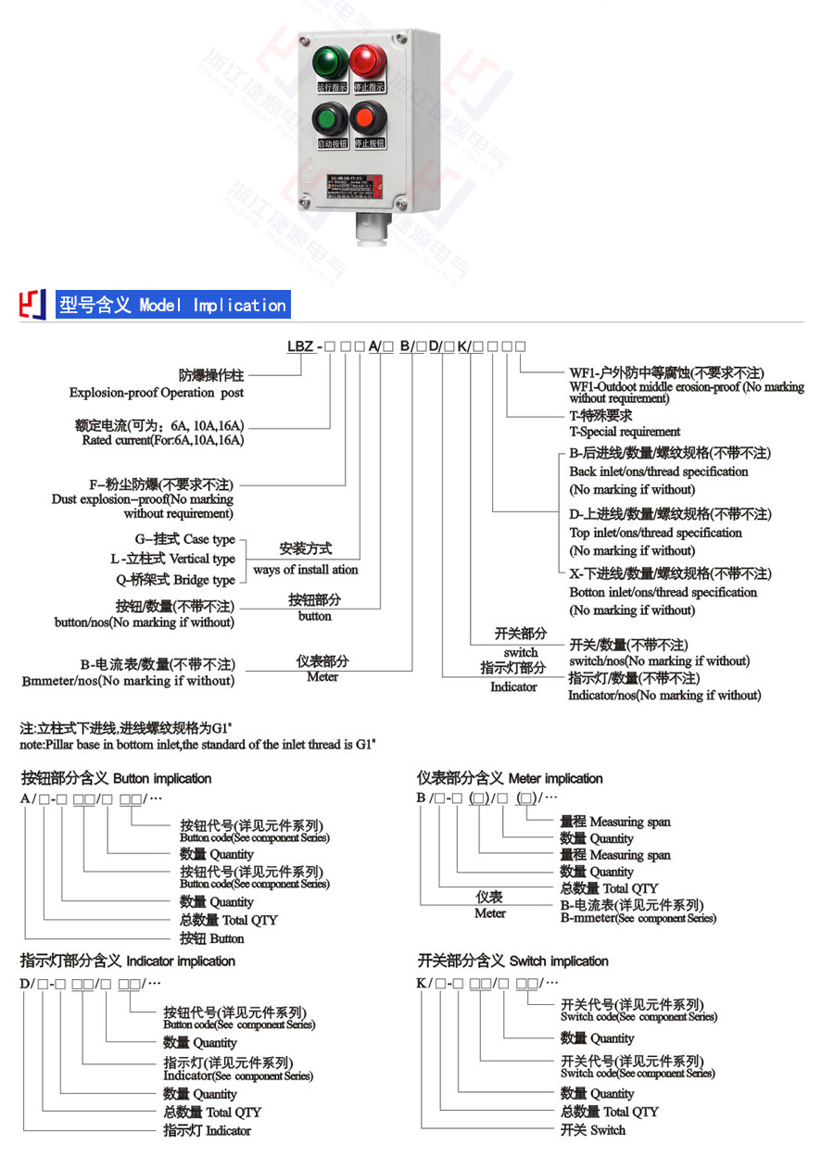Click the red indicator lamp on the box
tap(368, 61)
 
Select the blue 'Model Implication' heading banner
tap(172, 305)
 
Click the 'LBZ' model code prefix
tap(300, 346)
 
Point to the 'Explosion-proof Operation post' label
tap(157, 393)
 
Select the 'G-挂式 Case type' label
tap(184, 539)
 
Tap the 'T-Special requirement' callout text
tap(624, 432)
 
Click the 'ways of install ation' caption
tap(305, 570)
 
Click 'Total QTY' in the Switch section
tap(609, 1111)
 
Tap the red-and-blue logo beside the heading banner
tap(33, 305)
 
